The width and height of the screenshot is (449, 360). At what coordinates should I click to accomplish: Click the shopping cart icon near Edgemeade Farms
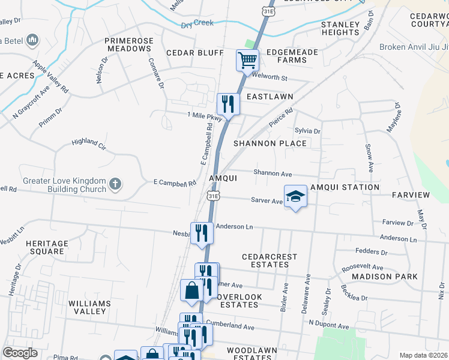(247, 60)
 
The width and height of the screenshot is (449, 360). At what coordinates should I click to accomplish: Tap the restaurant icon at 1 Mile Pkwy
(228, 104)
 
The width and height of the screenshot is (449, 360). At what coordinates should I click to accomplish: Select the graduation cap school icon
(295, 196)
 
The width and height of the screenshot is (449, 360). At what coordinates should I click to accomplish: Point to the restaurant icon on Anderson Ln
(202, 232)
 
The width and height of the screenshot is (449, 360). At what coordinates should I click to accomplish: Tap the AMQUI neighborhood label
(223, 178)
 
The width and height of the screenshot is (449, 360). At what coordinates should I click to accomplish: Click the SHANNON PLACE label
(270, 143)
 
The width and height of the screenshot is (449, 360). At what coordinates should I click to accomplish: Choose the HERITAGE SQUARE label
(45, 247)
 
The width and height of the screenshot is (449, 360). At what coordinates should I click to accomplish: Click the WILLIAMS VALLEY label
(89, 308)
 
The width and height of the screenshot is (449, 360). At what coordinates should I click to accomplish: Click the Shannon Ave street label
(273, 173)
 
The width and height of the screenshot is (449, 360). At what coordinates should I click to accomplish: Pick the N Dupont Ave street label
(328, 325)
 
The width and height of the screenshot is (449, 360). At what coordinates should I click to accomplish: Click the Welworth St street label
(272, 78)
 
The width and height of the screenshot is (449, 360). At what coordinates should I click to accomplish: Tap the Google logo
(19, 352)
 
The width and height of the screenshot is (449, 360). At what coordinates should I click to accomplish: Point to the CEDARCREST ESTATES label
(270, 260)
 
